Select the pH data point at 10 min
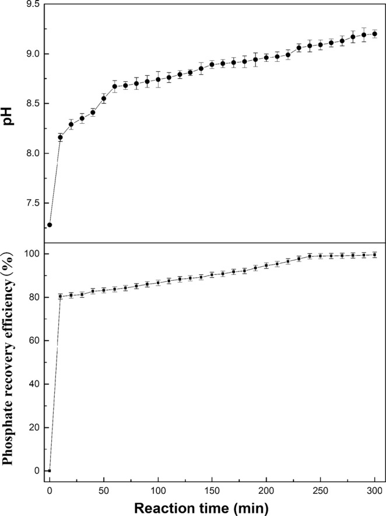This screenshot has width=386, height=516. pyautogui.click(x=61, y=137)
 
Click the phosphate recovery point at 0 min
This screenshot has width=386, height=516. pyautogui.click(x=50, y=470)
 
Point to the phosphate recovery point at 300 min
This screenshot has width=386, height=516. pyautogui.click(x=374, y=255)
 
